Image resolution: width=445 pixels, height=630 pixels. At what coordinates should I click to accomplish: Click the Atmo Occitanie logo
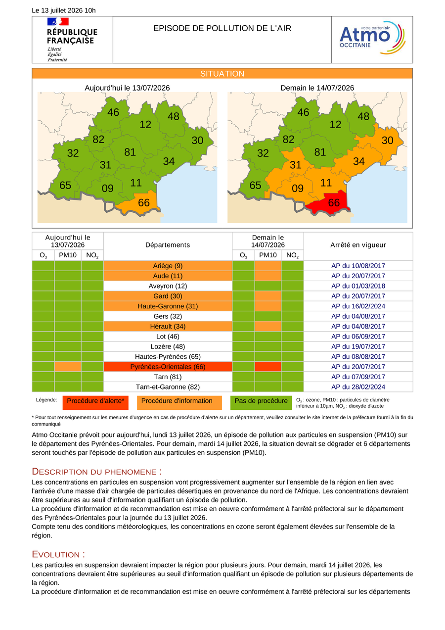[372, 38]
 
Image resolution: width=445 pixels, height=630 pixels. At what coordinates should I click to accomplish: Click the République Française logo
[72, 40]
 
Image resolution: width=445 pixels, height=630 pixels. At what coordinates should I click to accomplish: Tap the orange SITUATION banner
[222, 73]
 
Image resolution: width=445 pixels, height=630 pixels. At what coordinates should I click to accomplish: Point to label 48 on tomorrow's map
[363, 116]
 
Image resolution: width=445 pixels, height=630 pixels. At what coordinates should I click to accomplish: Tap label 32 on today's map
[73, 153]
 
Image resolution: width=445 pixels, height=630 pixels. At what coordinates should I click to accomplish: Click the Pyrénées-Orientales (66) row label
[168, 366]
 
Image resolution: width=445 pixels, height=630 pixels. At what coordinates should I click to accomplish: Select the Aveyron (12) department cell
[168, 286]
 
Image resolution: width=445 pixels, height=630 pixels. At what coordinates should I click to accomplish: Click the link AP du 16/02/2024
[358, 306]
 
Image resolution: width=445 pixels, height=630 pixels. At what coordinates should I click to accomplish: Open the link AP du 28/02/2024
[358, 387]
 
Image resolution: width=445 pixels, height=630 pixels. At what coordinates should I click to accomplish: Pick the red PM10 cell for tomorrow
[267, 366]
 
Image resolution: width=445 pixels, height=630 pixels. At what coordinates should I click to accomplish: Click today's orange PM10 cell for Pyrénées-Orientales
[68, 366]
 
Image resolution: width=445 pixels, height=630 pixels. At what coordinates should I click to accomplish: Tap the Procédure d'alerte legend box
[95, 403]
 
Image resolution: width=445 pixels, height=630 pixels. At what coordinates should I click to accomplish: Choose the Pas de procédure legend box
[261, 403]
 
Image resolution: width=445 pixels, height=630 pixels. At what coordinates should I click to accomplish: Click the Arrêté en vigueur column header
[358, 244]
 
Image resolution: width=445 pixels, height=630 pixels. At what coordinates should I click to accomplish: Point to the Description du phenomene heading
[96, 472]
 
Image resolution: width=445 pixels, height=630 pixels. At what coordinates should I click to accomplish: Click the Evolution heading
[58, 554]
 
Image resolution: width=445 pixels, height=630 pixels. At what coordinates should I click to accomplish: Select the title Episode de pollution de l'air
[222, 28]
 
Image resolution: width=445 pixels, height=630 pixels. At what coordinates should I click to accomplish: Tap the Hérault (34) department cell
[168, 326]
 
